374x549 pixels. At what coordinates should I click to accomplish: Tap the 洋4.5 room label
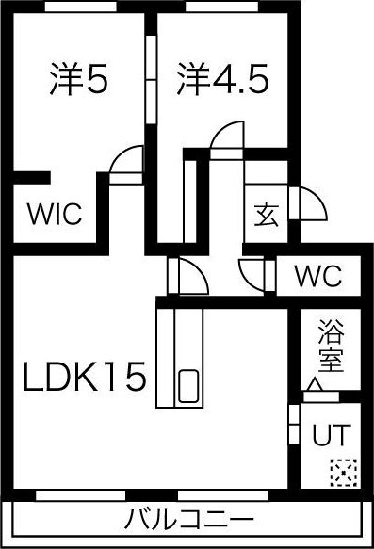221,79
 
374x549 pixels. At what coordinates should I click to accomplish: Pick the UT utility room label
330,435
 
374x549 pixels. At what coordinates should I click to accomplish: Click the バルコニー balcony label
188,519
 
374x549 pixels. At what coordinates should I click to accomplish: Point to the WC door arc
254,275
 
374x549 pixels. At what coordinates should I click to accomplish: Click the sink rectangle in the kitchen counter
188,387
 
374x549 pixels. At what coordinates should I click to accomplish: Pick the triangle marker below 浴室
315,384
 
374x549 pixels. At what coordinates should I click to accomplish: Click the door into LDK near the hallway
188,278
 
